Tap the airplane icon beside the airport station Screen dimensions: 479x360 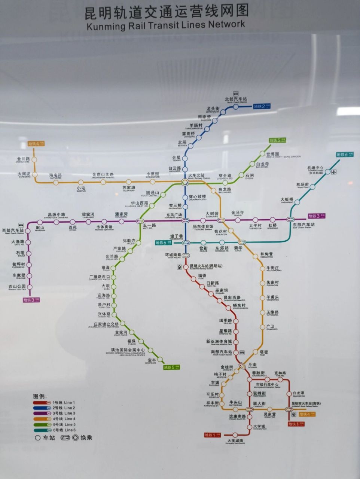click(334, 172)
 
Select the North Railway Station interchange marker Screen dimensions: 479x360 click(185, 182)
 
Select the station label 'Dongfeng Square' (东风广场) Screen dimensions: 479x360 click(174, 216)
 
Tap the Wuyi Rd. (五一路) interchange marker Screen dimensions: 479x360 click(141, 221)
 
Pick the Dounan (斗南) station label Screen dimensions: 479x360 click(252, 365)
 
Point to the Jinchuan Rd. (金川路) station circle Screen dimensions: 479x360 click(34, 159)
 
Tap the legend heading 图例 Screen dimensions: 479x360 click(39, 396)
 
